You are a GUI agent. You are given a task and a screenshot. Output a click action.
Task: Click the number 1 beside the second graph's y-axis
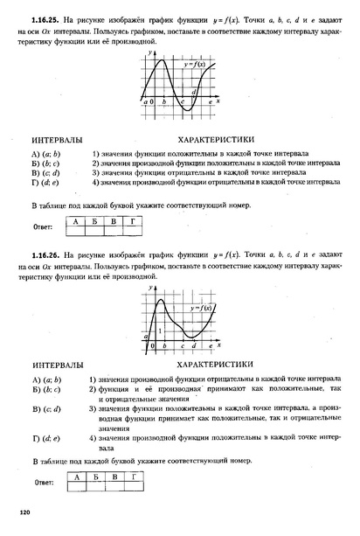tap(158, 331)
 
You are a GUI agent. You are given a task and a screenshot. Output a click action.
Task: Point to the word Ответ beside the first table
tap(44, 226)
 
